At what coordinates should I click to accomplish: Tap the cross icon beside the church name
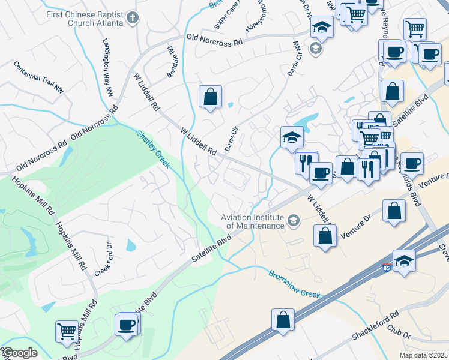[131, 18]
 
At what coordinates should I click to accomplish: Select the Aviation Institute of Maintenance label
[252, 221]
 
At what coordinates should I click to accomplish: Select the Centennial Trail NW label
[38, 76]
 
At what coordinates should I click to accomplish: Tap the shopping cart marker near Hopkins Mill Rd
[66, 330]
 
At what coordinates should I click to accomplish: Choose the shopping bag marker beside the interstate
[283, 319]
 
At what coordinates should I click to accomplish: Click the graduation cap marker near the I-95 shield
[404, 261]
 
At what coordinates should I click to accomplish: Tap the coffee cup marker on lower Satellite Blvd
[127, 325]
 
